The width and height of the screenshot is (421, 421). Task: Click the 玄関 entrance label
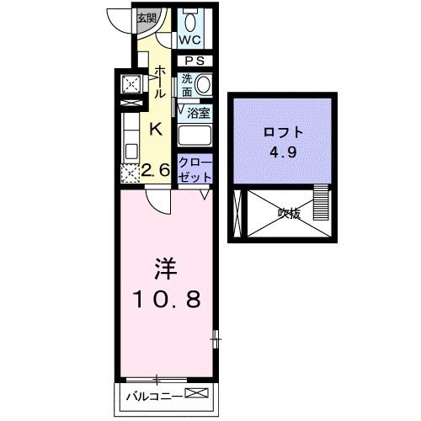click(x=147, y=19)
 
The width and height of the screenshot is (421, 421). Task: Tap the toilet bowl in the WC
click(x=190, y=22)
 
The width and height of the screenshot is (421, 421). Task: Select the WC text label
click(x=190, y=40)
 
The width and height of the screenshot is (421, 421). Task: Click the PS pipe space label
click(x=195, y=61)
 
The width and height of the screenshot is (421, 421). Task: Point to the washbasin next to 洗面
click(x=203, y=84)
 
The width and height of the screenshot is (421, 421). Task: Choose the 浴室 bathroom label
click(x=199, y=114)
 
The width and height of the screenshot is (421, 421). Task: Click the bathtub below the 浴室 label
click(x=195, y=136)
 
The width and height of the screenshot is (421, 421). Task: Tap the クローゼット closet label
click(x=195, y=170)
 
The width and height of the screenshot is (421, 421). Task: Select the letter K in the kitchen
click(x=156, y=129)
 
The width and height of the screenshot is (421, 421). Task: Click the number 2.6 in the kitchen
click(x=156, y=169)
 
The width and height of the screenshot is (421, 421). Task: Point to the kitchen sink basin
click(x=131, y=152)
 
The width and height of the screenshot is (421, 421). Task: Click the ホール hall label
click(x=159, y=82)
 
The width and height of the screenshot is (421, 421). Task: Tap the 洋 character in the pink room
click(x=166, y=269)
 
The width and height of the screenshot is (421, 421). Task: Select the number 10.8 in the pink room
click(x=168, y=299)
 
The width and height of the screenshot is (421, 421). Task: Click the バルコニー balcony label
click(x=155, y=397)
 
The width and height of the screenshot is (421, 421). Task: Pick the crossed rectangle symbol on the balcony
click(x=197, y=393)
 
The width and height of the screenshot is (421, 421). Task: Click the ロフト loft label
click(x=284, y=132)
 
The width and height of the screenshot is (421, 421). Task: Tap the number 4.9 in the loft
click(x=283, y=152)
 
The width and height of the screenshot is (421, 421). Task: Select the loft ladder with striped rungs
click(x=321, y=202)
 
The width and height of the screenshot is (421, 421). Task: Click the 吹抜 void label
click(x=289, y=214)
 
